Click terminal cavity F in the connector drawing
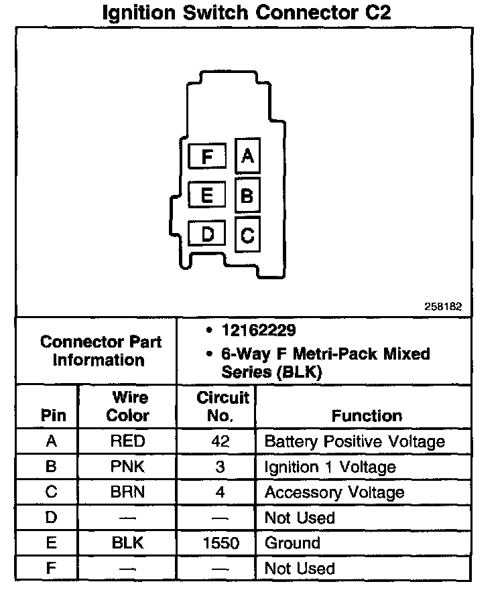[207, 157]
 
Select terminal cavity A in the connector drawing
[248, 156]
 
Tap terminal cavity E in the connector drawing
[207, 196]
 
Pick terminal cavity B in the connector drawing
[247, 196]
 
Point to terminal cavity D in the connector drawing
[207, 234]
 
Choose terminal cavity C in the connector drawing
[247, 236]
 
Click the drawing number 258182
[443, 306]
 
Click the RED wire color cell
[127, 441]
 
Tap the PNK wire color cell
[127, 467]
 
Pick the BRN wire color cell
[127, 492]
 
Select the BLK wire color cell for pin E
[127, 543]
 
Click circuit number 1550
[220, 543]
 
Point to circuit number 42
[220, 441]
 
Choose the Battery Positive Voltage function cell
[355, 441]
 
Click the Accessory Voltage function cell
[334, 492]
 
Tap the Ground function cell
[293, 543]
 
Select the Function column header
[367, 415]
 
